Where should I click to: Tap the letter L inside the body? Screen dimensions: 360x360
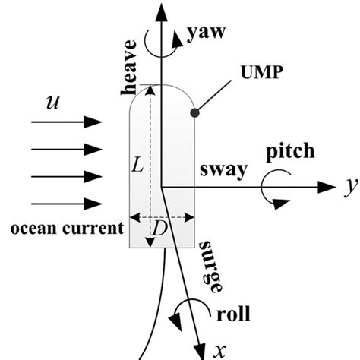[137, 164]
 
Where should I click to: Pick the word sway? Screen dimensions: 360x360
[222, 169]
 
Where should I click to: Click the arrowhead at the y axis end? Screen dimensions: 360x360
[328, 185]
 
